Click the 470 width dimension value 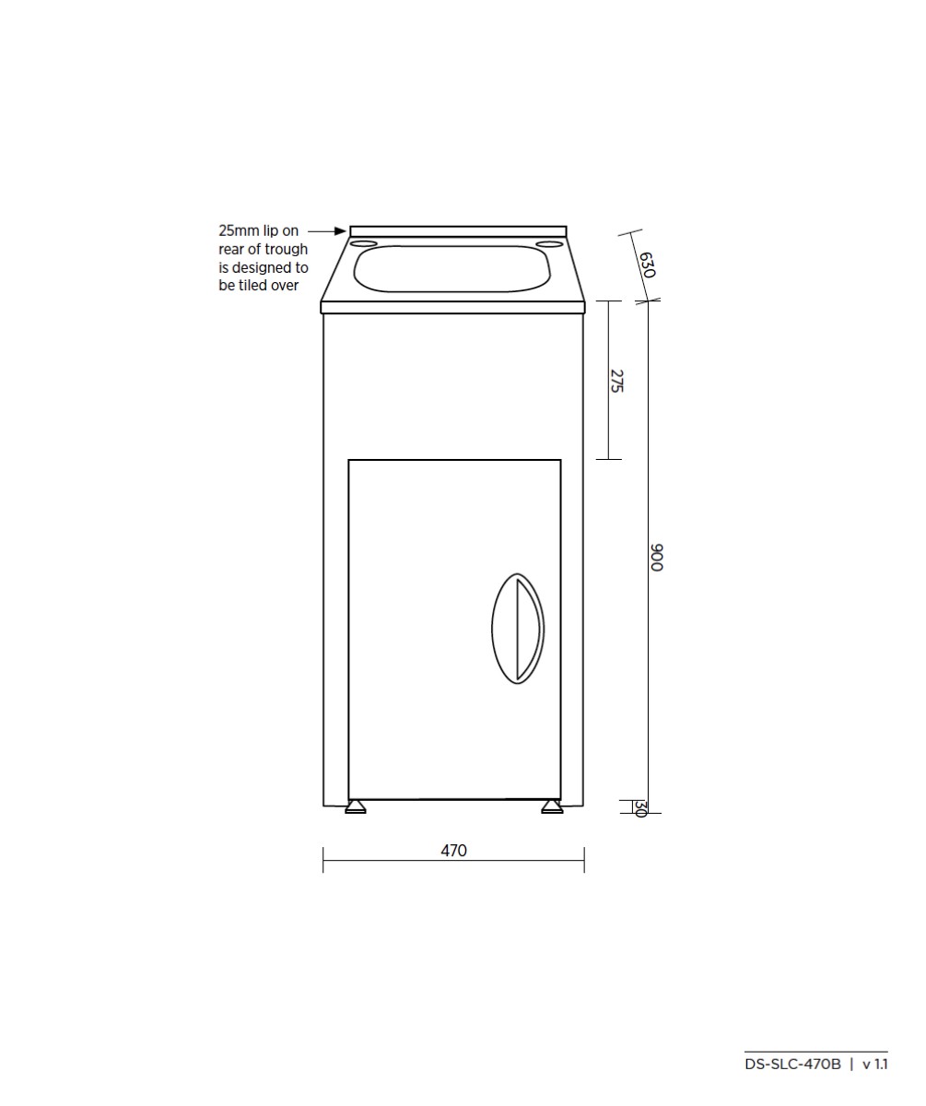point(453,851)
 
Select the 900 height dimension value point(656,558)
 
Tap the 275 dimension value point(616,382)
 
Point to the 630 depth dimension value point(646,265)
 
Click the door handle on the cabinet point(518,629)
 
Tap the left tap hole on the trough point(364,244)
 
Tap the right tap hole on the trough point(551,244)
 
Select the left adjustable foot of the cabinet point(355,807)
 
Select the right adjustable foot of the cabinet point(552,807)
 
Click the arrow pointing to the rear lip point(326,231)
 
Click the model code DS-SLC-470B point(792,1064)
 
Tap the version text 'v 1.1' point(874,1064)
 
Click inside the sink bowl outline point(452,268)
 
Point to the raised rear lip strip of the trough point(458,230)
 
